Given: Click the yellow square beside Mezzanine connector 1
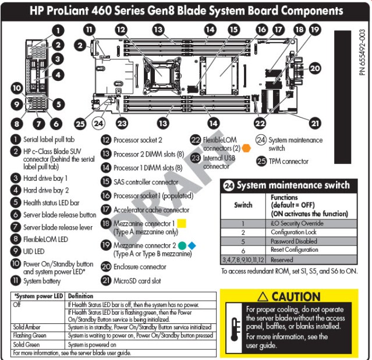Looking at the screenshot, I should [182, 223].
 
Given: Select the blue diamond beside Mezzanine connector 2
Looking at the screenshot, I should [192, 245].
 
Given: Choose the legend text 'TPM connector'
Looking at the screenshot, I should [289, 161].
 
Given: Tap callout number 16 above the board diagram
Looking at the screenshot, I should [261, 28].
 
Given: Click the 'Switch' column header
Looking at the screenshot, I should [243, 205].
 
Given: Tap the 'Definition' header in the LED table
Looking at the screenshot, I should [80, 296].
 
